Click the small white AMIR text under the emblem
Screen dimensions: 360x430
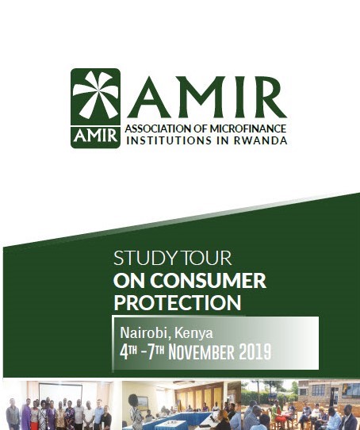[x=95, y=136]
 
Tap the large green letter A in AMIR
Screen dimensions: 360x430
[x=149, y=97]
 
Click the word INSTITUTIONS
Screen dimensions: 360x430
[x=169, y=140]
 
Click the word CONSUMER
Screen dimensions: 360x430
[x=208, y=281]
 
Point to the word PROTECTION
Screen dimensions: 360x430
[x=178, y=302]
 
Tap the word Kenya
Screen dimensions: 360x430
[x=193, y=333]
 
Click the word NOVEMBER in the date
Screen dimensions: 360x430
[x=201, y=352]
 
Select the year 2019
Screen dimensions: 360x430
[x=255, y=352]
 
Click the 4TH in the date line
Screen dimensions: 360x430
[x=128, y=352]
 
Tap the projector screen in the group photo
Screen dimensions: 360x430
[x=60, y=394]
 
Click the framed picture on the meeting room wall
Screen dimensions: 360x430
[x=142, y=403]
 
